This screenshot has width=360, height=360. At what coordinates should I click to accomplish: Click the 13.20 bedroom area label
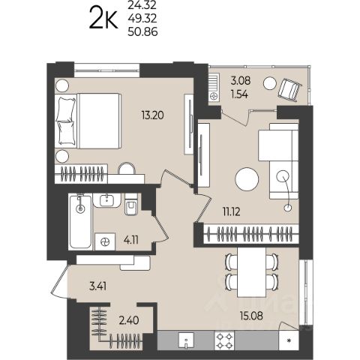pos(152,115)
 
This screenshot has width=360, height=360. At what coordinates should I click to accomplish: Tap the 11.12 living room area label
pos(232,212)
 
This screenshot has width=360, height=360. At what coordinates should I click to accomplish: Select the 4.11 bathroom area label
pos(131,241)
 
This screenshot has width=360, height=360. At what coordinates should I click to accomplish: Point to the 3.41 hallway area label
pos(97,286)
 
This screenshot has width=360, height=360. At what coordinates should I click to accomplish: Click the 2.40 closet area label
pos(129,320)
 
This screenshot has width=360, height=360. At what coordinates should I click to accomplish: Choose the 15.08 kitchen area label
pos(251,316)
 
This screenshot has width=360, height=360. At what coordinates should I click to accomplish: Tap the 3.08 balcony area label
pos(241,81)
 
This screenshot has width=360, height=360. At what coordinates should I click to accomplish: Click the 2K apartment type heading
pos(103,18)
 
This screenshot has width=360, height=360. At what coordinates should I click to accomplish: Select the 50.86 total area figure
pos(142,32)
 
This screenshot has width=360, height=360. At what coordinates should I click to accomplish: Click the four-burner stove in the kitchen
pos(224,340)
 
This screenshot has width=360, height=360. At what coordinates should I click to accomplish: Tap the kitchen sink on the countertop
pos(187,340)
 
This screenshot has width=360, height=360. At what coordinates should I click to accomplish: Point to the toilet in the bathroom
pos(131,205)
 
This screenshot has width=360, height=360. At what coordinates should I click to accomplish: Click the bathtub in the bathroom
pos(80,222)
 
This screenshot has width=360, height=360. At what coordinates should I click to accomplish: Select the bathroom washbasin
pos(107,200)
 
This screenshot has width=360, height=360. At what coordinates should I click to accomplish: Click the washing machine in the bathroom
pos(105,241)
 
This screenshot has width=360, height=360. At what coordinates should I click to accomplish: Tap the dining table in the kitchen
pos(251,271)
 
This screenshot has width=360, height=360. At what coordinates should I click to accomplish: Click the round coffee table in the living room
pos(247,179)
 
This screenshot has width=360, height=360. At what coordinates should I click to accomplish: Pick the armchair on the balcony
pos(290,90)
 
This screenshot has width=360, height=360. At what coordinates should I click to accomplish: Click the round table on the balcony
pos(270,83)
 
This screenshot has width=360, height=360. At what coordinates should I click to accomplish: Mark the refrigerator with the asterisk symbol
pos(289,340)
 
